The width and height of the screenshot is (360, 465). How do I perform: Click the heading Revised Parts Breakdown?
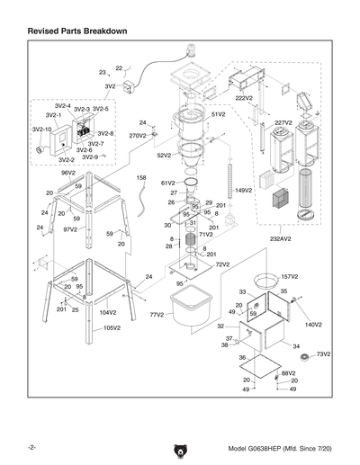(76, 31)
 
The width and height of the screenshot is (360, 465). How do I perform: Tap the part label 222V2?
(244, 97)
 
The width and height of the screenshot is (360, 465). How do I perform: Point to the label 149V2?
(243, 191)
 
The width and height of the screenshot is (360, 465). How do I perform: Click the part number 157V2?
(289, 277)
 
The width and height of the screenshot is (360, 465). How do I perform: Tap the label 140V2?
(312, 324)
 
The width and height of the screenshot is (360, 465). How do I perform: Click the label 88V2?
(288, 372)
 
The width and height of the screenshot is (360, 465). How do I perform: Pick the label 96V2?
(67, 173)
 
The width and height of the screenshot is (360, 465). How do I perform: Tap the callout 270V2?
(137, 136)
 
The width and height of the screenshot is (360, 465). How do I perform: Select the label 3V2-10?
(42, 130)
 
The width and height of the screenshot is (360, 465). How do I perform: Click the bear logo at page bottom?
(179, 449)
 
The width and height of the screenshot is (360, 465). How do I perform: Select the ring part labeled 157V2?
(265, 277)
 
